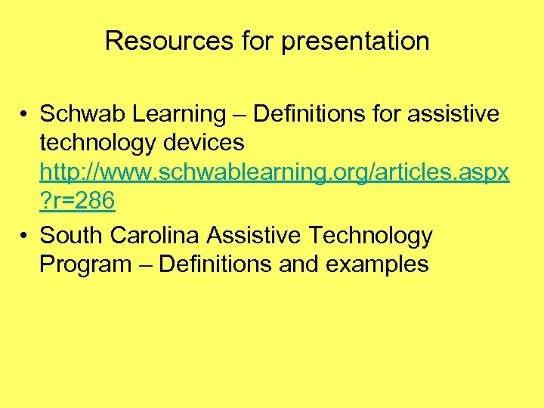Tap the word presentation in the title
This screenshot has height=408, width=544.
[x=355, y=41]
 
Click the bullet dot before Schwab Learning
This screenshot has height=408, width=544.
[x=25, y=115]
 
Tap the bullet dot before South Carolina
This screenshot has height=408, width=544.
[x=25, y=236]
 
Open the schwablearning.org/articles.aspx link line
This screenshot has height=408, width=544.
[x=274, y=173]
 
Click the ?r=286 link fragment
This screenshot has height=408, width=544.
[x=77, y=202]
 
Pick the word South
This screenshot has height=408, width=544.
[x=72, y=236]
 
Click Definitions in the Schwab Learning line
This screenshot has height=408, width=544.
[x=308, y=114]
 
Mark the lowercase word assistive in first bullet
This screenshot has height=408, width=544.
[x=453, y=114]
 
